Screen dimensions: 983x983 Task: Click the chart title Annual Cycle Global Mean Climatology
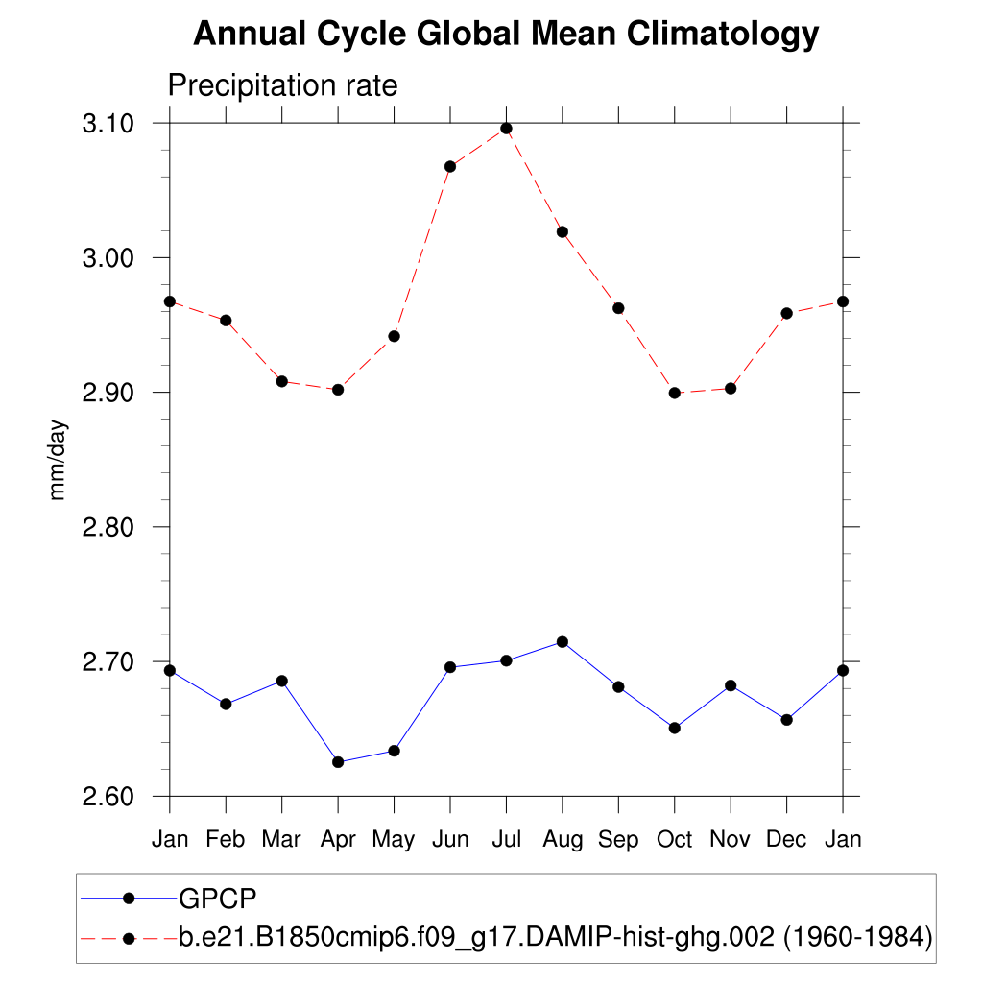[x=506, y=35]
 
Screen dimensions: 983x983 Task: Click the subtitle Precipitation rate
[x=282, y=85]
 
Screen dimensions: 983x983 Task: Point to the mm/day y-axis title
[x=59, y=459]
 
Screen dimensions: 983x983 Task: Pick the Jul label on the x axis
[x=506, y=840]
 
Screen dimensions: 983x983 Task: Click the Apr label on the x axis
[x=338, y=840]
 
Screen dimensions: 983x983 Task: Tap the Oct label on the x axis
[x=674, y=840]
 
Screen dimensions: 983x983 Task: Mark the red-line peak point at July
[x=506, y=129]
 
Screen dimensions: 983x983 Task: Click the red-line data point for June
[x=450, y=166]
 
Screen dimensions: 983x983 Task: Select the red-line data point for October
[x=675, y=393]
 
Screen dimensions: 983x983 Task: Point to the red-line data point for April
[x=338, y=390]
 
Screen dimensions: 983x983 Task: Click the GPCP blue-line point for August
[x=563, y=642]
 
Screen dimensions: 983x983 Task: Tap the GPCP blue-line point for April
[x=338, y=762]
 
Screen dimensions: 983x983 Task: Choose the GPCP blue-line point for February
[x=226, y=704]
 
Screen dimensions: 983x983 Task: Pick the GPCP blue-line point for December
[x=787, y=720]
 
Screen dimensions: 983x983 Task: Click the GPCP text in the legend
[x=218, y=899]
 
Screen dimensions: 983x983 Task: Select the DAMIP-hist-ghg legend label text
[x=556, y=937]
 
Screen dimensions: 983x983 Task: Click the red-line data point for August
[x=563, y=231]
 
